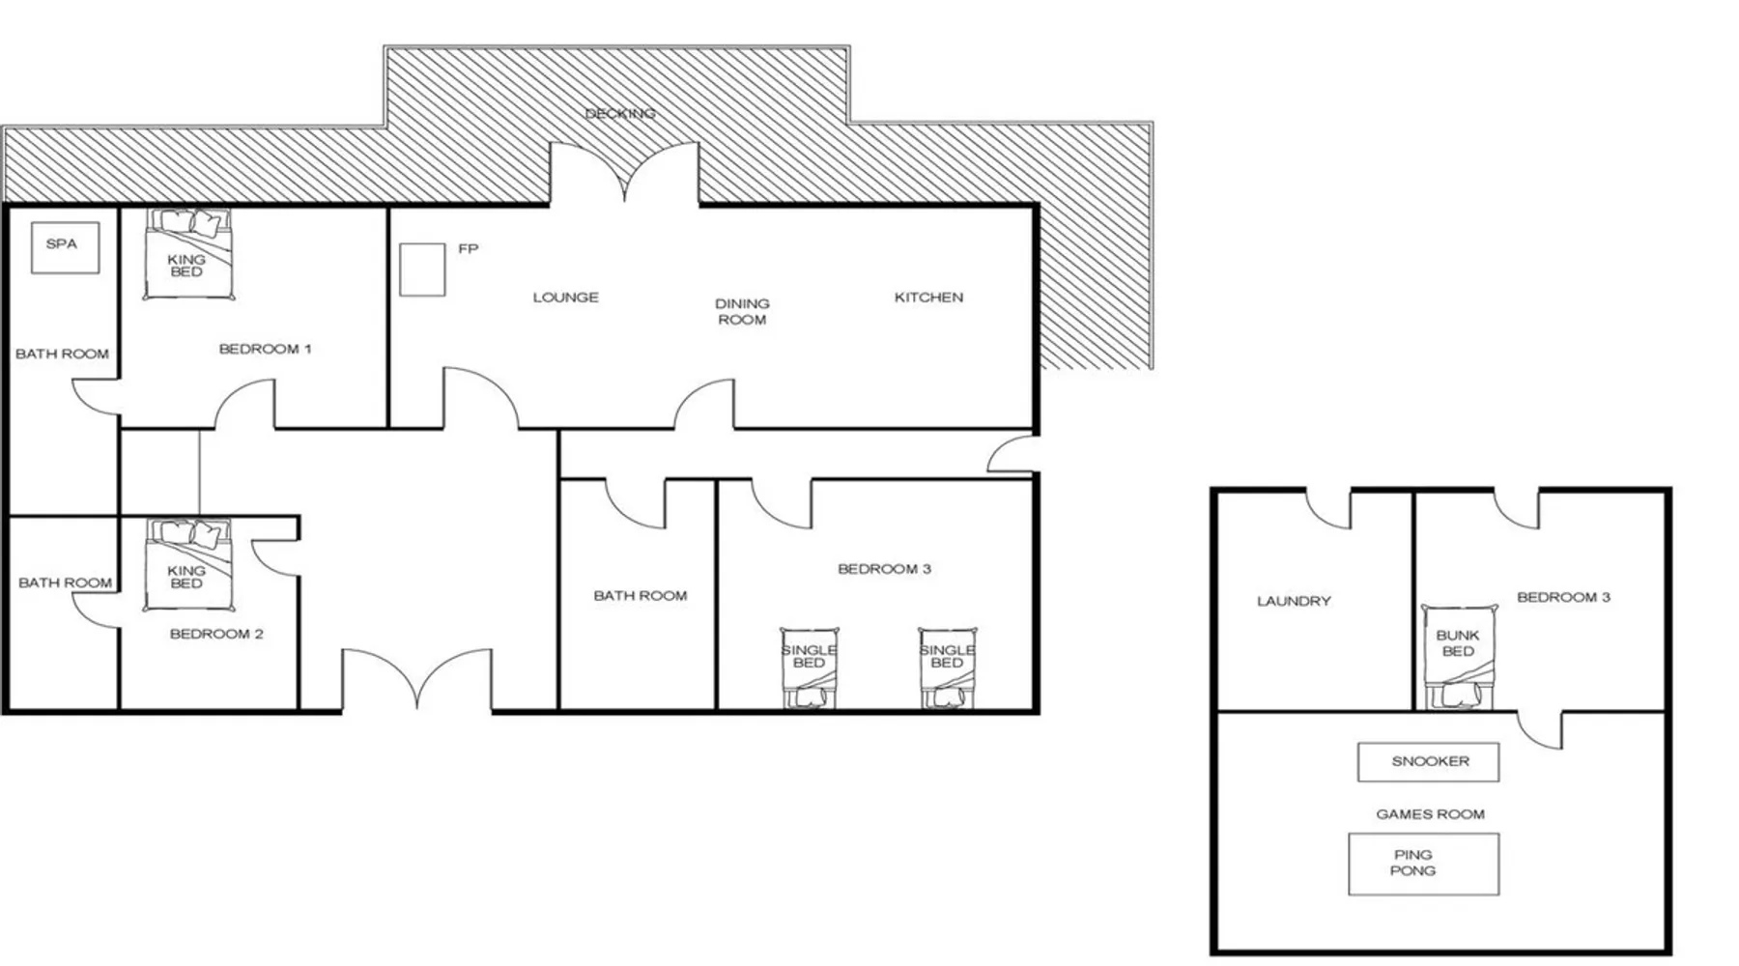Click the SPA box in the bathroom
(x=65, y=247)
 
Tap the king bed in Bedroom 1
(x=189, y=254)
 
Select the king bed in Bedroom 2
(x=189, y=565)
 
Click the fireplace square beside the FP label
(x=422, y=270)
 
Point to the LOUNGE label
(x=565, y=298)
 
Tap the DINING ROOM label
(x=742, y=311)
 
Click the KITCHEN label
(x=928, y=298)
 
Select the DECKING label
(x=620, y=113)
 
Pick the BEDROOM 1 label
(x=265, y=349)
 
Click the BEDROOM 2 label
(x=216, y=634)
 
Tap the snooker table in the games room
(x=1429, y=761)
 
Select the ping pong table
(x=1424, y=864)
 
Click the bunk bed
(x=1458, y=658)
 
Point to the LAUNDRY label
(x=1294, y=601)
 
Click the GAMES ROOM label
(x=1430, y=814)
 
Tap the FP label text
(x=469, y=248)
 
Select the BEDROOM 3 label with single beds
(x=884, y=569)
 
